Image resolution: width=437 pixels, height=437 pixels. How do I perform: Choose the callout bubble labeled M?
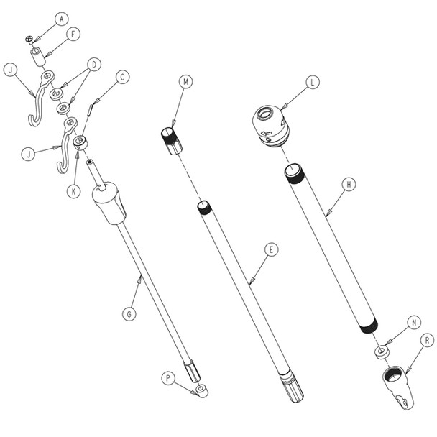point(185,82)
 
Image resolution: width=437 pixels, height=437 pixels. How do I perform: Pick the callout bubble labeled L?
point(311,83)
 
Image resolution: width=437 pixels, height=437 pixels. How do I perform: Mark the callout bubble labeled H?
point(348,184)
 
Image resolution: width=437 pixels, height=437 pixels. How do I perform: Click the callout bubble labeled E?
point(270,249)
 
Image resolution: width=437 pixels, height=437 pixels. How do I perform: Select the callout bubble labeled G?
point(129,314)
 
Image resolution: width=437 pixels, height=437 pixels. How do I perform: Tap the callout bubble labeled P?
point(168,377)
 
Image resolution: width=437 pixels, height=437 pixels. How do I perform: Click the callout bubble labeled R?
point(427,339)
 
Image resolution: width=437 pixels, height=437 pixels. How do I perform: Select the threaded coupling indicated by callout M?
point(170,139)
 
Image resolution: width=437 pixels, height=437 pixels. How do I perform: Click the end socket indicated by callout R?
point(396,389)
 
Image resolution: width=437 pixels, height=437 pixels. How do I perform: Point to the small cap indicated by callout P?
point(202,392)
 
